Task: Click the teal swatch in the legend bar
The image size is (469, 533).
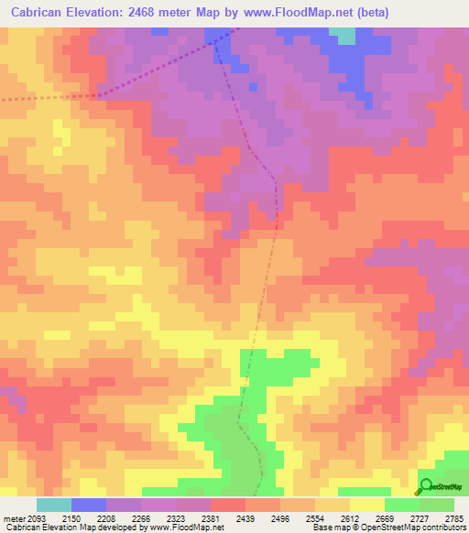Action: [x=53, y=505]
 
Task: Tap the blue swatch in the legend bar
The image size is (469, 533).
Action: [x=88, y=505]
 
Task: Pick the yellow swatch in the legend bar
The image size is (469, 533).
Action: [x=366, y=505]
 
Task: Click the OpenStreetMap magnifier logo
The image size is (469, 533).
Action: [x=425, y=486]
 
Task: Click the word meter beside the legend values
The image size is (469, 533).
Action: [x=14, y=518]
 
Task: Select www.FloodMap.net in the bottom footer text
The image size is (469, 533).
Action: [x=188, y=528]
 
